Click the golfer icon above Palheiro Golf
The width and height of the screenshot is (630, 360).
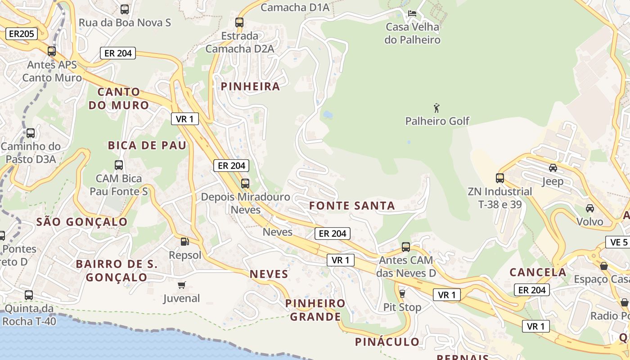tap(436, 108)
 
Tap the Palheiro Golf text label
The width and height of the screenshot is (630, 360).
tap(437, 121)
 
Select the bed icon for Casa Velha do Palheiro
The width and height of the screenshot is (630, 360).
tap(412, 13)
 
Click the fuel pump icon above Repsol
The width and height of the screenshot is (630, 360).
tap(184, 242)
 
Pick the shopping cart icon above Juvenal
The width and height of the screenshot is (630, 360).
tap(182, 285)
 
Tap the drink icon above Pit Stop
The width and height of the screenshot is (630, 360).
tap(402, 293)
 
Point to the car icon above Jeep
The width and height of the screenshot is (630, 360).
tap(553, 168)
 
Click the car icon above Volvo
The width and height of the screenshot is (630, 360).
tap(589, 208)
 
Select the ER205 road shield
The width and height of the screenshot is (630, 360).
tap(21, 33)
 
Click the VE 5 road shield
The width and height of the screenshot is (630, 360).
tap(619, 242)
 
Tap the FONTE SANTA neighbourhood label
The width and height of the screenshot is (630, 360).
tap(352, 206)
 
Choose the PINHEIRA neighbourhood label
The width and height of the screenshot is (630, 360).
tap(250, 86)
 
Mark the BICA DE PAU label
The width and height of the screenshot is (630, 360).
tap(147, 145)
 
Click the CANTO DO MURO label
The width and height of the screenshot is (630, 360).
tap(119, 99)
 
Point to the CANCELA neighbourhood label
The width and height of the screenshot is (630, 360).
tap(538, 272)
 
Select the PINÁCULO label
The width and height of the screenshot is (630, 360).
tap(387, 342)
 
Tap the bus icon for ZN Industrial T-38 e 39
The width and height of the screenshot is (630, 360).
tap(499, 178)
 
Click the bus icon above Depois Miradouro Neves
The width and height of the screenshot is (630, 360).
tap(245, 183)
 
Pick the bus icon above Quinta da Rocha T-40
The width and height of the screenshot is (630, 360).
tap(29, 295)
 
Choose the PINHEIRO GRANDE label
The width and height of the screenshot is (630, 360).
tap(315, 310)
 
